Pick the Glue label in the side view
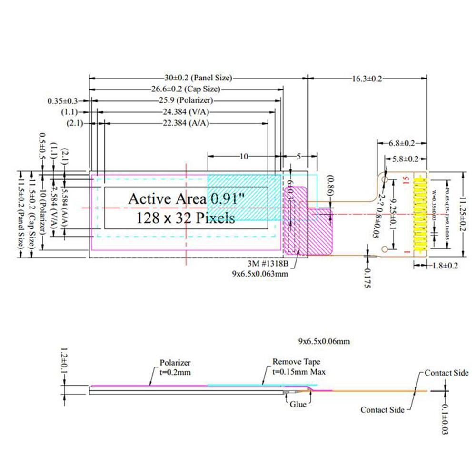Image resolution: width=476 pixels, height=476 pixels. (x=298, y=404)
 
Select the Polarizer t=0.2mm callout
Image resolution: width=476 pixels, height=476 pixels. (x=175, y=367)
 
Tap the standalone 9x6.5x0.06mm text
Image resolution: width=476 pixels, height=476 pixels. (x=324, y=341)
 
